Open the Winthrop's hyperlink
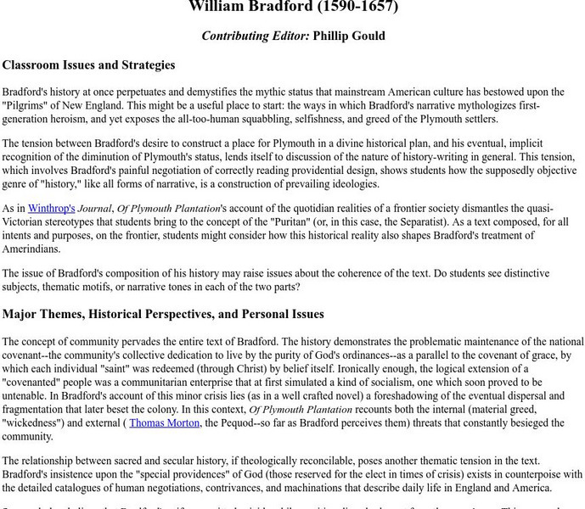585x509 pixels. click(52, 208)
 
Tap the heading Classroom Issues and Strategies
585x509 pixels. click(88, 64)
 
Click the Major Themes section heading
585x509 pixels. click(163, 314)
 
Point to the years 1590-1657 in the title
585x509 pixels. click(357, 7)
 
